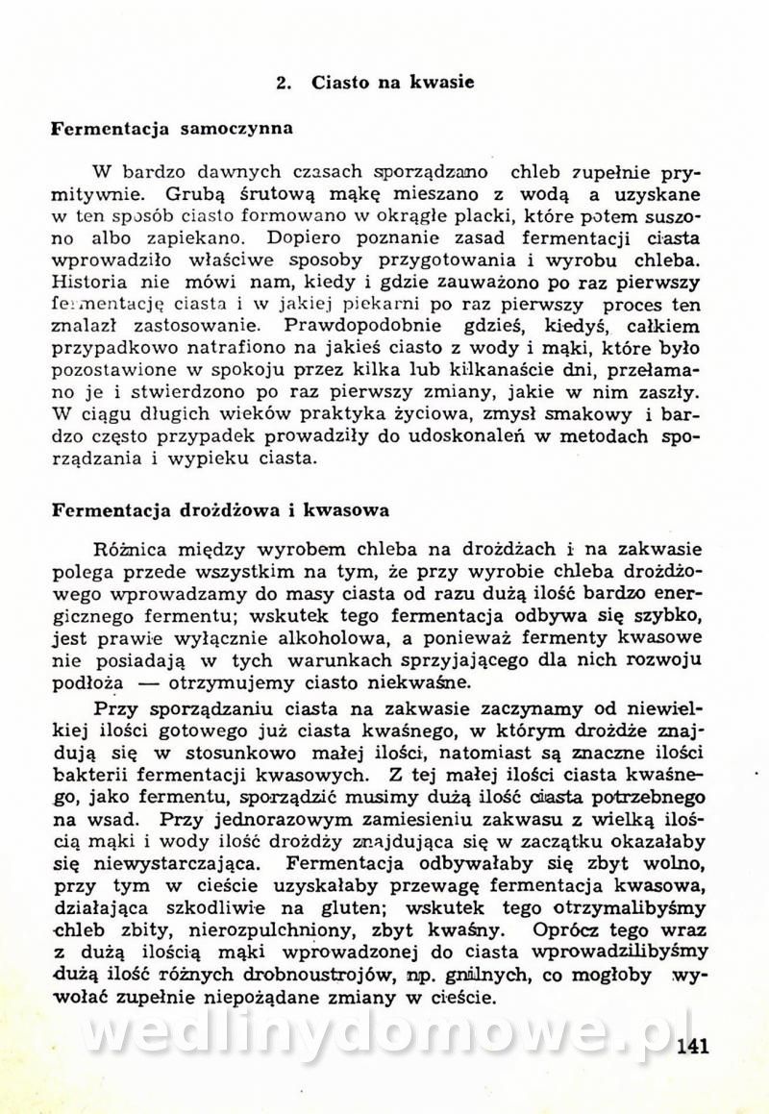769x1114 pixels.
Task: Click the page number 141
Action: [692, 1047]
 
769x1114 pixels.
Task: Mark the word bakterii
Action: [88, 775]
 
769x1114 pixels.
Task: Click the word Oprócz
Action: [561, 929]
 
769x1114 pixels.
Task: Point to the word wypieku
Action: [217, 458]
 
